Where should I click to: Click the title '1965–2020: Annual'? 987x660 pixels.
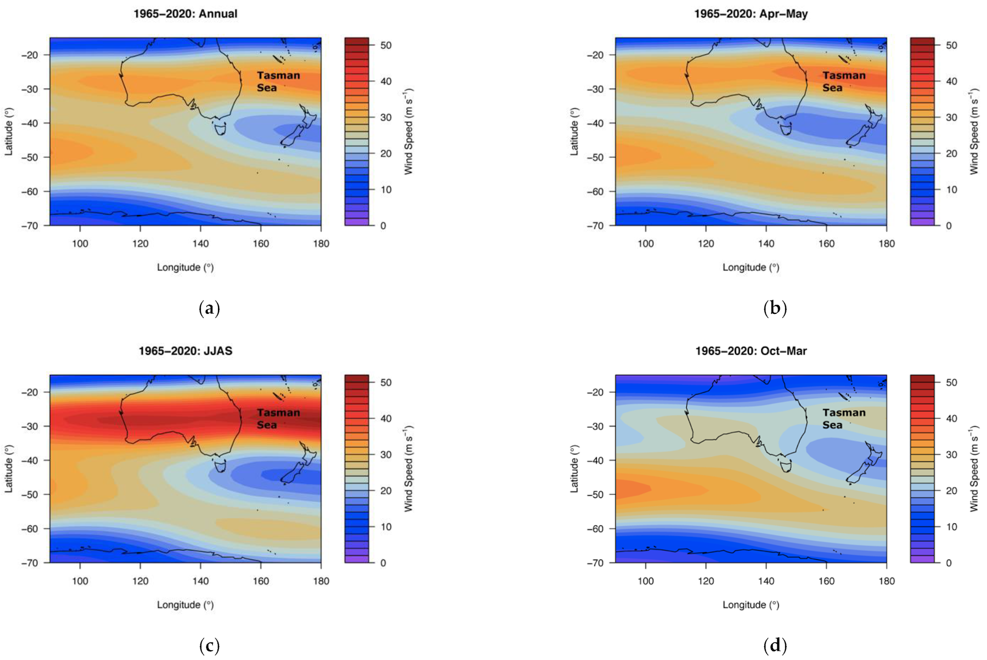(185, 14)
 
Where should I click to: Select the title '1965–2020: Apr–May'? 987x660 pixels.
(751, 14)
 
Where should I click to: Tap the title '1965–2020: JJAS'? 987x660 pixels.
(185, 351)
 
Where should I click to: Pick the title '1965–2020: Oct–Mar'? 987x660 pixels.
(751, 351)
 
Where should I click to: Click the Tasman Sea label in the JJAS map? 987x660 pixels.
(278, 419)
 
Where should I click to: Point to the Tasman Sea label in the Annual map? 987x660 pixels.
(278, 81)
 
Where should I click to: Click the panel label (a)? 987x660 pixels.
(209, 308)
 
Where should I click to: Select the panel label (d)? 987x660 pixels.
(775, 646)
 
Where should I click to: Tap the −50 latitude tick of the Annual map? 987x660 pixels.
(29, 157)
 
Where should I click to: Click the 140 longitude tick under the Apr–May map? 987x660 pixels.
(766, 243)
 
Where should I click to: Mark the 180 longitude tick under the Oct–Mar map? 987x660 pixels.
(886, 581)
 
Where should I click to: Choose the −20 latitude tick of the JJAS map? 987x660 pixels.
(29, 392)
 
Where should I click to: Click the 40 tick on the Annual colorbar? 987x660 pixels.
(386, 81)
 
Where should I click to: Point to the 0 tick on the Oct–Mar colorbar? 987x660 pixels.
(948, 563)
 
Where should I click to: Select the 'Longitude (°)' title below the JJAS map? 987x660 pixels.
(185, 605)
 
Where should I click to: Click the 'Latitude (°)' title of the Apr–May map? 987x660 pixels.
(574, 131)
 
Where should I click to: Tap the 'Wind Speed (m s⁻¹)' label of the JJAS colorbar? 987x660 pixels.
(409, 468)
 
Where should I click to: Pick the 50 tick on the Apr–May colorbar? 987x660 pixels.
(951, 45)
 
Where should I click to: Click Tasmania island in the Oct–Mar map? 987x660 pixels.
(786, 465)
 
